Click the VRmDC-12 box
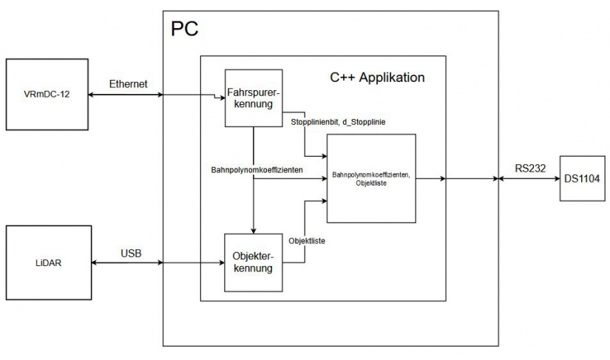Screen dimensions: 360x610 click(46, 95)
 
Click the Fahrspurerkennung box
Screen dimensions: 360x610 click(254, 98)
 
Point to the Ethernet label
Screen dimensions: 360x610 click(129, 84)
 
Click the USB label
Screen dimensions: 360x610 click(132, 253)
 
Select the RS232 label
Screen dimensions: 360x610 click(530, 168)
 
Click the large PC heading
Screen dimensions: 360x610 click(185, 29)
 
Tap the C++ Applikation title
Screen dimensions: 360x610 click(377, 77)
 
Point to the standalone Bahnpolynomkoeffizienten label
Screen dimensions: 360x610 click(256, 170)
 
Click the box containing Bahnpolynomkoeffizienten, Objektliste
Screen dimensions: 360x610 click(372, 178)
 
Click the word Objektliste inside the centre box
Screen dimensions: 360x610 click(370, 183)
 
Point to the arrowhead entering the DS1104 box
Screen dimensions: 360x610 click(557, 179)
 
